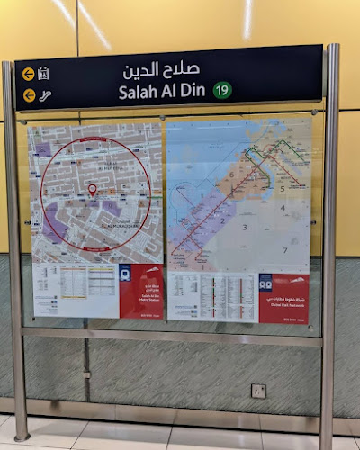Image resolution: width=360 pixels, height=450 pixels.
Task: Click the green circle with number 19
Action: (222, 90)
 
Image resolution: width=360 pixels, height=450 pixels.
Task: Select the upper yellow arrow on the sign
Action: (29, 75)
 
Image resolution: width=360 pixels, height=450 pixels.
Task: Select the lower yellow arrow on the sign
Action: (29, 95)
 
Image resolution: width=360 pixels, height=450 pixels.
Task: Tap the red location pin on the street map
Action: (92, 190)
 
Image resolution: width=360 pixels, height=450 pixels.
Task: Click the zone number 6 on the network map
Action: (231, 175)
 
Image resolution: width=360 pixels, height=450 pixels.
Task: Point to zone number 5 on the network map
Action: (282, 188)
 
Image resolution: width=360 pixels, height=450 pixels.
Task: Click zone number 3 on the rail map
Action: (244, 227)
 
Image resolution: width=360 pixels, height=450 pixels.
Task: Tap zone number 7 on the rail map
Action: (285, 249)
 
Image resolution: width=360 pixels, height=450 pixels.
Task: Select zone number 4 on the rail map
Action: (282, 208)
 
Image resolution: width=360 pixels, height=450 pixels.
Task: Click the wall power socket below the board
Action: (258, 391)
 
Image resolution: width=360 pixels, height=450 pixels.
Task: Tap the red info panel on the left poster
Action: (141, 291)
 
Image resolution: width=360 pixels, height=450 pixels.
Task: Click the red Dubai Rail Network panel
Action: (283, 298)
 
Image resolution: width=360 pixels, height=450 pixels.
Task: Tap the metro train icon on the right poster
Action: (266, 281)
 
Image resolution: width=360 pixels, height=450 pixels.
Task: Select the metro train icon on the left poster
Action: (127, 273)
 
